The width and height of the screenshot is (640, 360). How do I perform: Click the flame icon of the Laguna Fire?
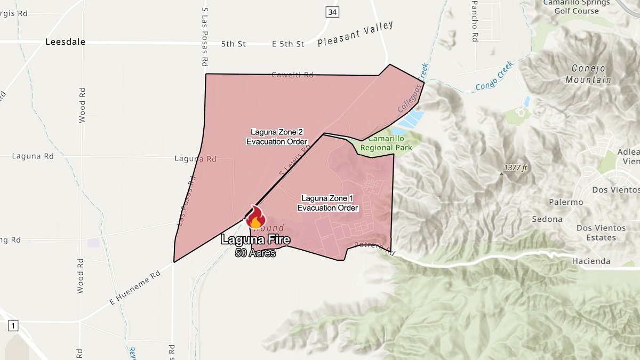256,218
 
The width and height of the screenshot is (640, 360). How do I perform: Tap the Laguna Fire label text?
256,240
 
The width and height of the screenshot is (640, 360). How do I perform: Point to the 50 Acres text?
255,253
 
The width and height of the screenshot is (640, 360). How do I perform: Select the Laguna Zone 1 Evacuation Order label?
327,203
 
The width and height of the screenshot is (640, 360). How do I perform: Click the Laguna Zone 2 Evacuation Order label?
276,137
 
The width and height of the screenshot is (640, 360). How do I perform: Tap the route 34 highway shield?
332,12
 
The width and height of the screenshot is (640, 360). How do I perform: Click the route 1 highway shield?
13,325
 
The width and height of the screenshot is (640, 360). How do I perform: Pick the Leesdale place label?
66,42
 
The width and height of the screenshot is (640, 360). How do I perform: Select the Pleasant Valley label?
355,34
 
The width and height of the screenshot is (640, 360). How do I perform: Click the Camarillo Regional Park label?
387,143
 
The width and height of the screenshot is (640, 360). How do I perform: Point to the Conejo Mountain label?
591,74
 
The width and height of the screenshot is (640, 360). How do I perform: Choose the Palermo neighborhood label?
566,203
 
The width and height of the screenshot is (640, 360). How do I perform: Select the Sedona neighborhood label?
547,219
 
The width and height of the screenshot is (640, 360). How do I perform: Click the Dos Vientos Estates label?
600,233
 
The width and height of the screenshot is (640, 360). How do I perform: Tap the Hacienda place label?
591,261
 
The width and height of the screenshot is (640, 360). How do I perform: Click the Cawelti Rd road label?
292,75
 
